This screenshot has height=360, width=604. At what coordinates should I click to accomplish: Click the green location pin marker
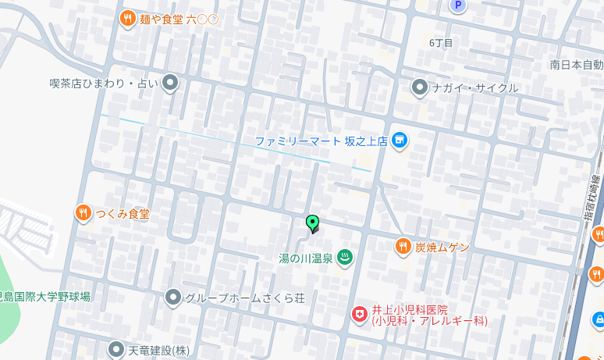[312, 223]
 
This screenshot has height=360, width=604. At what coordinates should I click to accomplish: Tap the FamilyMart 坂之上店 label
[321, 141]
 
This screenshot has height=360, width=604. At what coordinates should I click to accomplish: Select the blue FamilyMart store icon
[400, 141]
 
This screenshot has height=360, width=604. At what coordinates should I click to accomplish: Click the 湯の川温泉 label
[306, 258]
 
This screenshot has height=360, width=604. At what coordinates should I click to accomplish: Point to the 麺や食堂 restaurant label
[179, 19]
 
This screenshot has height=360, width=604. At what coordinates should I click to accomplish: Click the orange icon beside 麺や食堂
[128, 18]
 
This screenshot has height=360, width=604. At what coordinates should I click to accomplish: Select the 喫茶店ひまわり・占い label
[103, 83]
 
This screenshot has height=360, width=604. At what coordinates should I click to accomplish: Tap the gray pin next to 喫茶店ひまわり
[170, 83]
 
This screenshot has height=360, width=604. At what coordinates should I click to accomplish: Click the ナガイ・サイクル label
[475, 87]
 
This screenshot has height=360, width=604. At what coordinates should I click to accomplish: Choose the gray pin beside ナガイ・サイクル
[420, 87]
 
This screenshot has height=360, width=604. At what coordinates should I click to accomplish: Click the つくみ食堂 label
[123, 213]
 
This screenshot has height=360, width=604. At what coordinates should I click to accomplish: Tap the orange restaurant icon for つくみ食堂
[83, 212]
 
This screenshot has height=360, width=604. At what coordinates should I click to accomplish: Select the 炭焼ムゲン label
[442, 247]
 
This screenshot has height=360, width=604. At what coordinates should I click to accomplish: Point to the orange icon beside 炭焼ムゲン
[403, 247]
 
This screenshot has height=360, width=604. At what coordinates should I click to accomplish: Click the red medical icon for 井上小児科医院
[359, 314]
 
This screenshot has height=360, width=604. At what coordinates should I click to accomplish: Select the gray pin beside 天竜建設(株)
[116, 350]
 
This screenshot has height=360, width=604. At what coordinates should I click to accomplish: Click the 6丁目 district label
[441, 42]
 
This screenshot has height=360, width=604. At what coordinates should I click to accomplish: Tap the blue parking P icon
[457, 5]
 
